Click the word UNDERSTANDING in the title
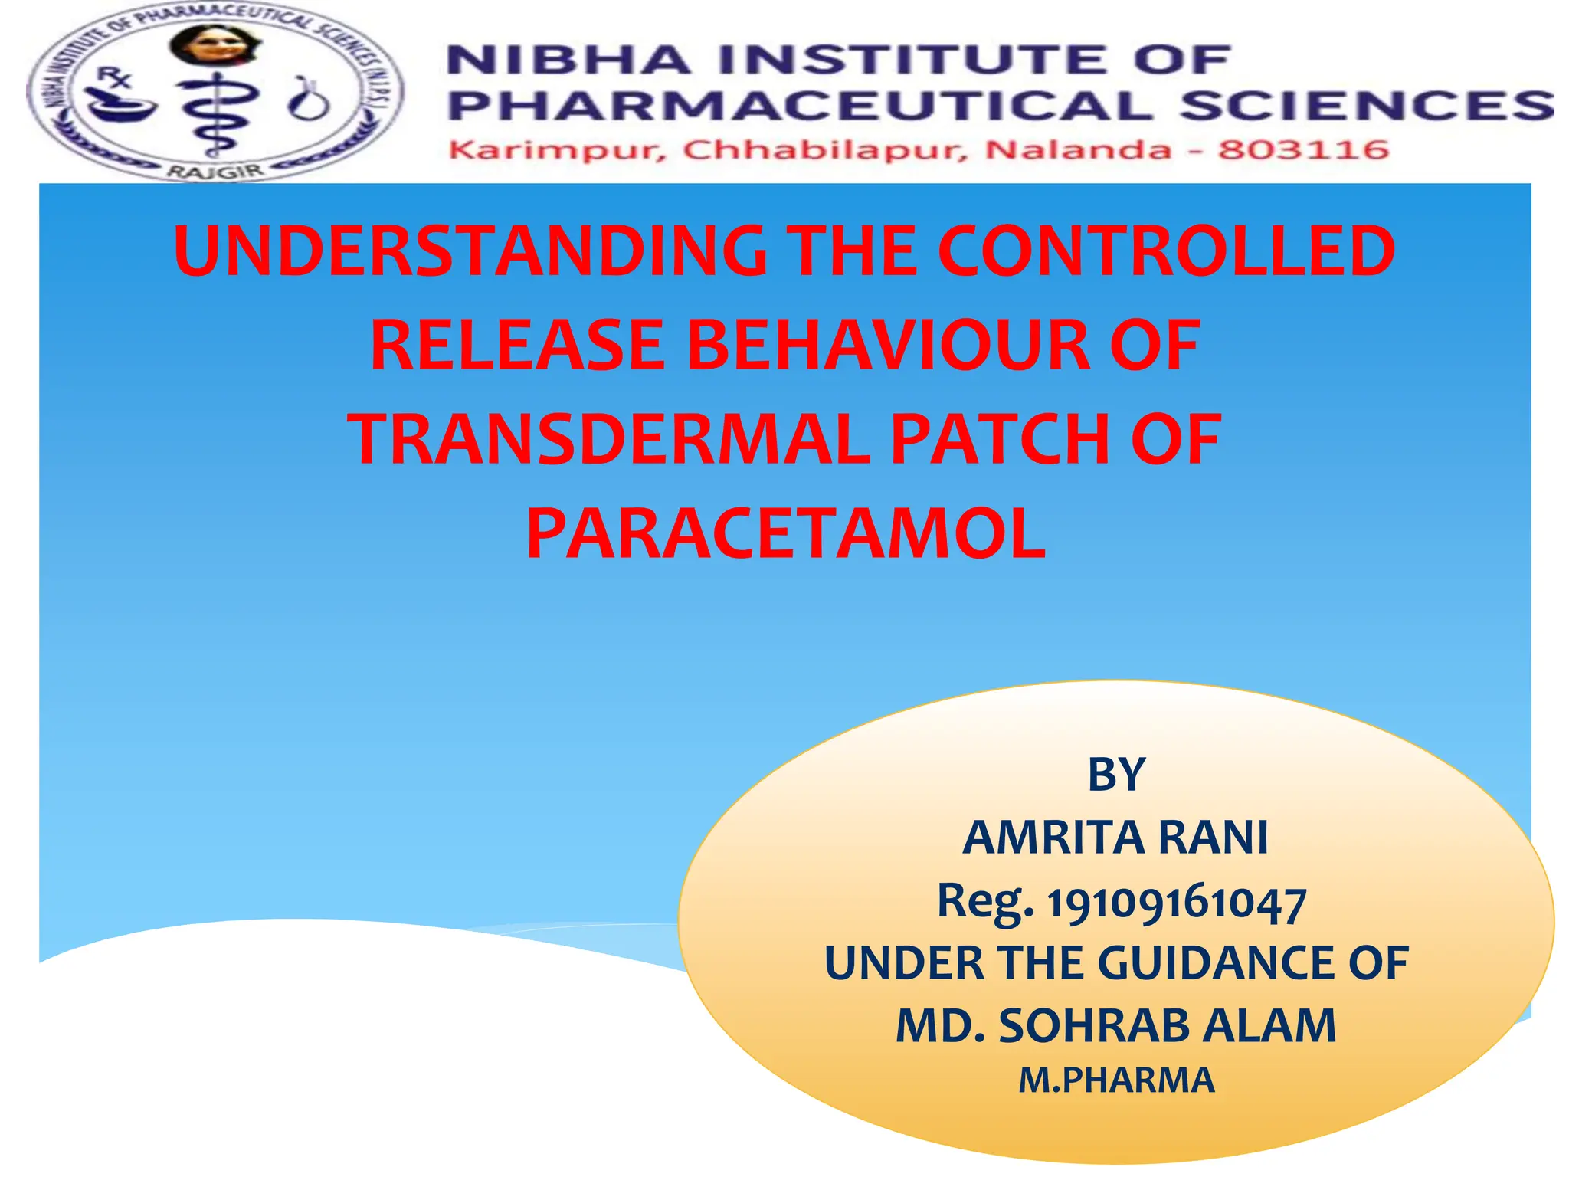[x=470, y=251]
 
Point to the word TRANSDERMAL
[x=609, y=440]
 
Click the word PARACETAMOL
[x=785, y=535]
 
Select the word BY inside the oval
[x=1116, y=775]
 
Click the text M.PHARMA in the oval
[x=1116, y=1080]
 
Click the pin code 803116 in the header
[x=1303, y=149]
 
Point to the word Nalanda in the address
[x=1078, y=149]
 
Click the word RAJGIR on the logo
[x=215, y=172]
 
